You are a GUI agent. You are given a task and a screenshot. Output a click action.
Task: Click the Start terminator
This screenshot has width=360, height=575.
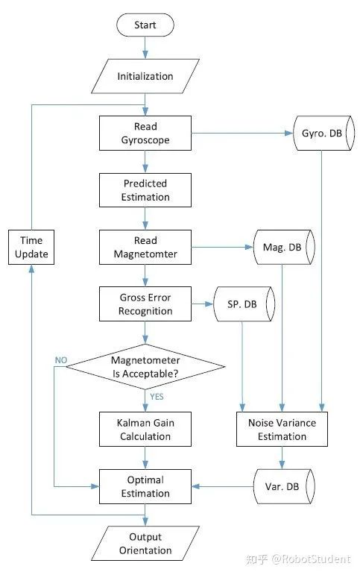[x=145, y=25]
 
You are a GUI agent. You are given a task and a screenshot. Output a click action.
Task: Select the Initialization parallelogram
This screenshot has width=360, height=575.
[x=145, y=76]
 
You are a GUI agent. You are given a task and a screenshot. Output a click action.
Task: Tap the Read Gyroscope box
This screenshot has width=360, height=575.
[x=145, y=133]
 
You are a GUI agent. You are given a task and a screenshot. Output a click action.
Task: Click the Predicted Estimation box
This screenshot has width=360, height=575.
[x=145, y=190]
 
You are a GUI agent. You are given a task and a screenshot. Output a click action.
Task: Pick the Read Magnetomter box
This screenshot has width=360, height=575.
[x=145, y=247]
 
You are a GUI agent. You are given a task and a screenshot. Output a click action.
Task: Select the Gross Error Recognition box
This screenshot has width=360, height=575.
[x=145, y=304]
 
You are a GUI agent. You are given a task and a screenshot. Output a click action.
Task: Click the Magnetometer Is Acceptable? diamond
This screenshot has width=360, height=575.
[x=145, y=367]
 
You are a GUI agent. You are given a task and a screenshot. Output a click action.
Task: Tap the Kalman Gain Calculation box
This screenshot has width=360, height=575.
[x=145, y=429]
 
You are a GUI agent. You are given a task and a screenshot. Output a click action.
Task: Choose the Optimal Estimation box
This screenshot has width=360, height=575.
[x=145, y=486]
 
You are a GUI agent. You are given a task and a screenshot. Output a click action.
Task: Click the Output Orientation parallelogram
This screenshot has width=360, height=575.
[x=145, y=543]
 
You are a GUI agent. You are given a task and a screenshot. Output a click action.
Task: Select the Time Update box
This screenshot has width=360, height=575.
[x=31, y=247]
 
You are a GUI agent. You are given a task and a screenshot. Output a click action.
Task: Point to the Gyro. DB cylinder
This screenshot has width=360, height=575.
[x=324, y=133]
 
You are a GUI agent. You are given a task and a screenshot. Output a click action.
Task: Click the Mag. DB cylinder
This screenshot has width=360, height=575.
[x=284, y=247]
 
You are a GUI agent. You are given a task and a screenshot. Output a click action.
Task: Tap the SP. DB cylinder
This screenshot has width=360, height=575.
[x=244, y=304]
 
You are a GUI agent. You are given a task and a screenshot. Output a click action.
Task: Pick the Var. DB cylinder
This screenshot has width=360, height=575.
[x=284, y=486]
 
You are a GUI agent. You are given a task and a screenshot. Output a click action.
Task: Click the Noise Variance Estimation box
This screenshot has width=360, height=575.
[x=282, y=429]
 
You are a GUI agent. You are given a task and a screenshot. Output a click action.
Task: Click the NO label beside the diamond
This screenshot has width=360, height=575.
[x=61, y=360]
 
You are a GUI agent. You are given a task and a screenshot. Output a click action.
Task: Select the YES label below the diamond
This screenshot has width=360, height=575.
[x=157, y=397]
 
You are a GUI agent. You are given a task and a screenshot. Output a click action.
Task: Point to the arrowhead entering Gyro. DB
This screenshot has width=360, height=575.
[x=289, y=133]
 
